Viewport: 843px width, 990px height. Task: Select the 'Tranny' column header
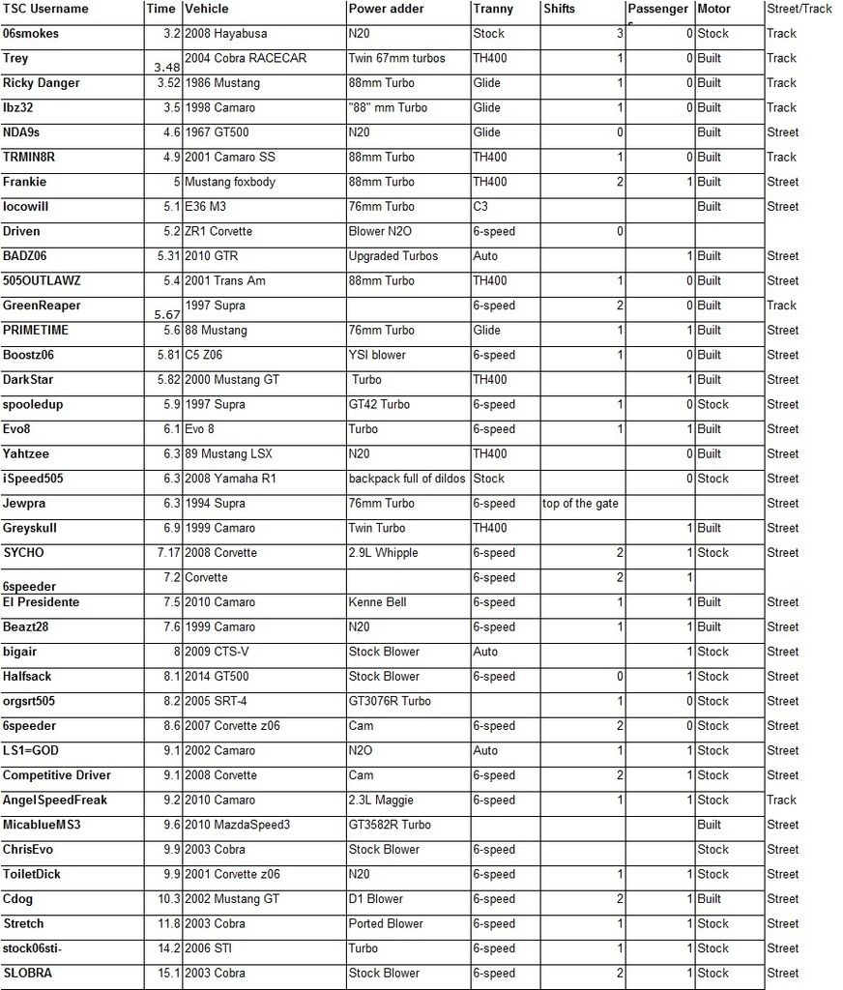click(x=493, y=9)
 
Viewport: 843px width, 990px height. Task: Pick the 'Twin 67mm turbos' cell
click(x=396, y=58)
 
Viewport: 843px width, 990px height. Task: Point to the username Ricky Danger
click(x=42, y=83)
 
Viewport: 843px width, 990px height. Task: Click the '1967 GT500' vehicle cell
click(x=220, y=132)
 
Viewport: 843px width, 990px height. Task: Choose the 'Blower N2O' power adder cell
click(x=381, y=231)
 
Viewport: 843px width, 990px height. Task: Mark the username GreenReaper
click(x=42, y=306)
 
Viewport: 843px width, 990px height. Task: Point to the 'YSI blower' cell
click(x=377, y=355)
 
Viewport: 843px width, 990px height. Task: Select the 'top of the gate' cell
click(x=580, y=503)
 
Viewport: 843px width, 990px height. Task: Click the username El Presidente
click(x=41, y=602)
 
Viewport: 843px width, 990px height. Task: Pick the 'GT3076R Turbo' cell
click(x=390, y=701)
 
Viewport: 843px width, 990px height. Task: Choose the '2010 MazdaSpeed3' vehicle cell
click(x=237, y=825)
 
